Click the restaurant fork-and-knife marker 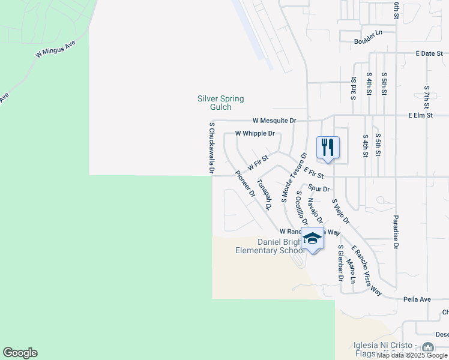(x=328, y=148)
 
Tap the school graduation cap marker (x=312, y=239)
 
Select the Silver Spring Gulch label (x=221, y=103)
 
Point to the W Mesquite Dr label (x=274, y=120)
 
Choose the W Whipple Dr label (x=255, y=133)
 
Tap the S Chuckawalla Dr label (x=212, y=148)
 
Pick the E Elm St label (x=420, y=114)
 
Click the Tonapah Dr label (x=264, y=193)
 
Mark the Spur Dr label (x=319, y=188)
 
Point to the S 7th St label (x=427, y=97)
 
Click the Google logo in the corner (x=20, y=353)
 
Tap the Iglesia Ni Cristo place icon (x=427, y=348)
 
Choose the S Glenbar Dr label (x=340, y=263)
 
